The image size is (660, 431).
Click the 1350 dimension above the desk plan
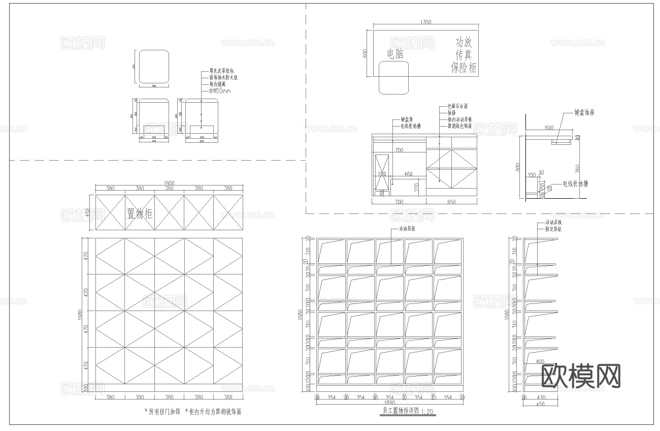pos(425,22)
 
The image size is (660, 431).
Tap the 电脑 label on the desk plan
pos(398,54)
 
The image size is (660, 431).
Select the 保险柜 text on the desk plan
pos(464,68)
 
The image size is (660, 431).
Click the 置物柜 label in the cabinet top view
pos(139,213)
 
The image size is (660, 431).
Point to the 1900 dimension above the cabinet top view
pos(169,183)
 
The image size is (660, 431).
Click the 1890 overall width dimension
pos(389,402)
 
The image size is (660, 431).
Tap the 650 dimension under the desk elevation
pos(451,202)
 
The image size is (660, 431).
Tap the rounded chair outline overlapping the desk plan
pos(393,77)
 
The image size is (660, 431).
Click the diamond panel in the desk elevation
pos(451,167)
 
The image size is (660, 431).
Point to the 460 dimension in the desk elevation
pos(408,174)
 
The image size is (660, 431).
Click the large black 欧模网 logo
pos(581,377)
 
